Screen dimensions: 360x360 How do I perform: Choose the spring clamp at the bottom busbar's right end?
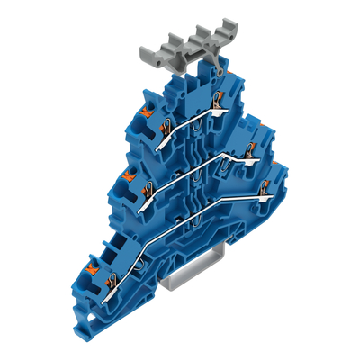263,190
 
